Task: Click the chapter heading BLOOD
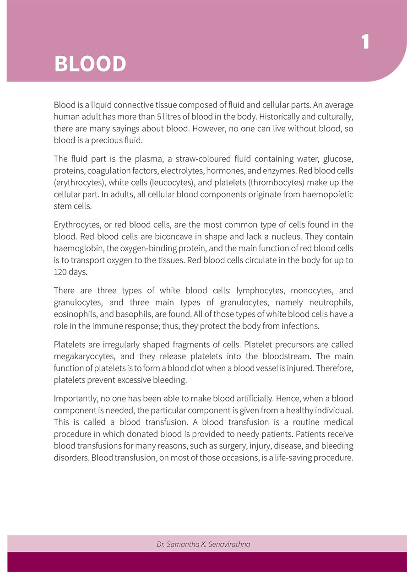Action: point(90,64)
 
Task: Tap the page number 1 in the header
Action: point(365,42)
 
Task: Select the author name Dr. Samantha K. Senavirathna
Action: point(203,544)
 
